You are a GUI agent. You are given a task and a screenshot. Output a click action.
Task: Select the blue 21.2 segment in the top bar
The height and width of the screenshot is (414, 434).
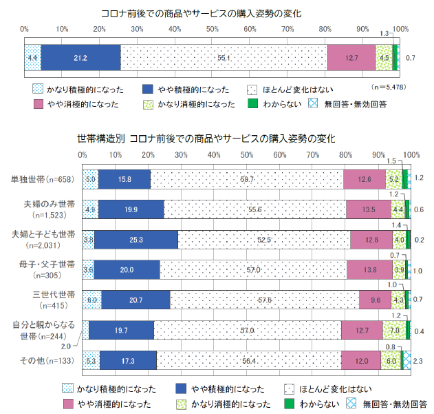[x=80, y=57]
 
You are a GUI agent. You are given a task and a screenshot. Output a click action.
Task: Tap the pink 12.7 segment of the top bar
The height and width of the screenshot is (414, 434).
[x=351, y=57]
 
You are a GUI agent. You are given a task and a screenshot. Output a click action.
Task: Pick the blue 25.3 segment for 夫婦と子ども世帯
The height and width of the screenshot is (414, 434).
[x=135, y=239]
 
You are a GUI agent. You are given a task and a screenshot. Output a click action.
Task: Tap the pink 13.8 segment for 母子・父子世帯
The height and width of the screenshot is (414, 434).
[x=369, y=269]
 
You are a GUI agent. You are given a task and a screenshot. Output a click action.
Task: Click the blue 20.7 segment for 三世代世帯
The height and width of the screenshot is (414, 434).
[x=135, y=300]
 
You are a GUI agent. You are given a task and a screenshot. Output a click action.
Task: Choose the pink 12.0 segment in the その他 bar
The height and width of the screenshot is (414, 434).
[x=361, y=360]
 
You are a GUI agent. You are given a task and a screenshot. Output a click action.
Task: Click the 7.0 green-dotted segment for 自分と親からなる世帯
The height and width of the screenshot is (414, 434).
[x=394, y=330]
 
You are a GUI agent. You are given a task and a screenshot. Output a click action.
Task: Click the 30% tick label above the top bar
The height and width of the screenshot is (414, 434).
[x=136, y=29]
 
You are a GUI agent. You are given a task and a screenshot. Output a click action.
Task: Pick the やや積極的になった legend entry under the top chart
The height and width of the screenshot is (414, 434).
[x=181, y=90]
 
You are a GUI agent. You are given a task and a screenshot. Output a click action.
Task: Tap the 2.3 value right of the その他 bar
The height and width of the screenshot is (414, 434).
[x=419, y=360]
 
